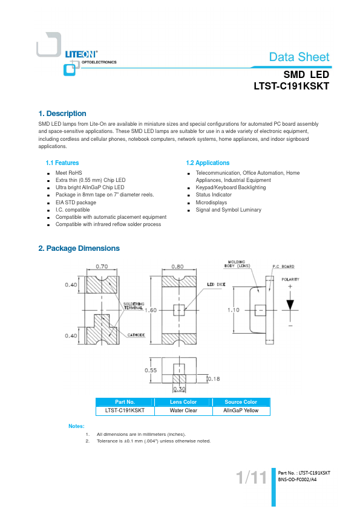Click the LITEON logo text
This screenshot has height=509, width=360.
point(81,54)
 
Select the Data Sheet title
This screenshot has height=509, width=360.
point(299,57)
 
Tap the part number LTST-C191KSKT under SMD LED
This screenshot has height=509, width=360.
point(292,86)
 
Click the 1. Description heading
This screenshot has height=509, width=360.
point(62,114)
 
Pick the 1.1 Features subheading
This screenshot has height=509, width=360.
point(62,163)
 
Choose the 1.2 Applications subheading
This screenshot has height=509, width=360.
point(208,163)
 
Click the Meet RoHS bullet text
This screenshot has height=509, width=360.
point(68,173)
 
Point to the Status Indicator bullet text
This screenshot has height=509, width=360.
point(214,195)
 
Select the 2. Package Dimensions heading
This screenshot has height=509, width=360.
point(79,248)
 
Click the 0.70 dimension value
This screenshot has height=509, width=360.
point(102,266)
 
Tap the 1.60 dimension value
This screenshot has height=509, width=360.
point(151,310)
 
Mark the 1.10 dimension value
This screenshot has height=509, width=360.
point(234,310)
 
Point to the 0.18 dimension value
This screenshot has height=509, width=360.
point(214,379)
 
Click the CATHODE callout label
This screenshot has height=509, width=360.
point(136,335)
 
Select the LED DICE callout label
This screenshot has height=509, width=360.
point(216,284)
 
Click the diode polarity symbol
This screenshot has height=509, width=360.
point(290,305)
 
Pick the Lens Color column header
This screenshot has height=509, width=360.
point(183,402)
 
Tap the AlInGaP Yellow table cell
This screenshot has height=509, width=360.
point(241,410)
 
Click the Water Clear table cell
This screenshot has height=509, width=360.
point(183,410)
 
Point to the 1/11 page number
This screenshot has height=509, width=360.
point(251,478)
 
